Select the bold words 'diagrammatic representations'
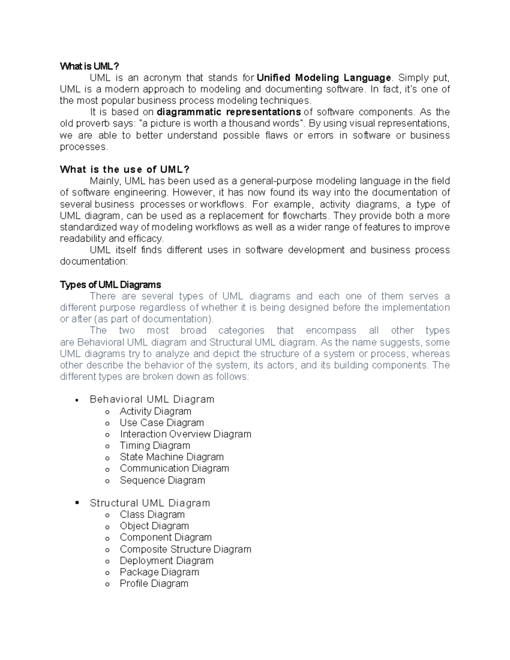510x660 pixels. [229, 112]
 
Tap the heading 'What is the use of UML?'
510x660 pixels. [125, 170]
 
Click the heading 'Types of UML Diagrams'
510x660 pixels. [110, 284]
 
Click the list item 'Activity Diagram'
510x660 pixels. [155, 411]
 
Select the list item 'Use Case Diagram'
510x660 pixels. [161, 422]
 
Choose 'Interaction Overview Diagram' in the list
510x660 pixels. [185, 434]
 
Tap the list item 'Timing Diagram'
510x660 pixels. [155, 445]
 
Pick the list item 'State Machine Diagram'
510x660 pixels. [171, 457]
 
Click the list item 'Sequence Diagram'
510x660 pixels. [162, 480]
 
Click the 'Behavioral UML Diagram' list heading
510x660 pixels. [152, 399]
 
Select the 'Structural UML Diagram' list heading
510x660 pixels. [150, 503]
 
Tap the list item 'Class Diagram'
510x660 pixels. [152, 515]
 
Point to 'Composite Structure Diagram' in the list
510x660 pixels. [185, 549]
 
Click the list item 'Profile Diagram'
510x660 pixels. [154, 584]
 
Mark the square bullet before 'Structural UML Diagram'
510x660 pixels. [77, 503]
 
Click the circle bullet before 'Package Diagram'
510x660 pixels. [108, 573]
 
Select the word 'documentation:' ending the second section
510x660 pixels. [93, 261]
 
